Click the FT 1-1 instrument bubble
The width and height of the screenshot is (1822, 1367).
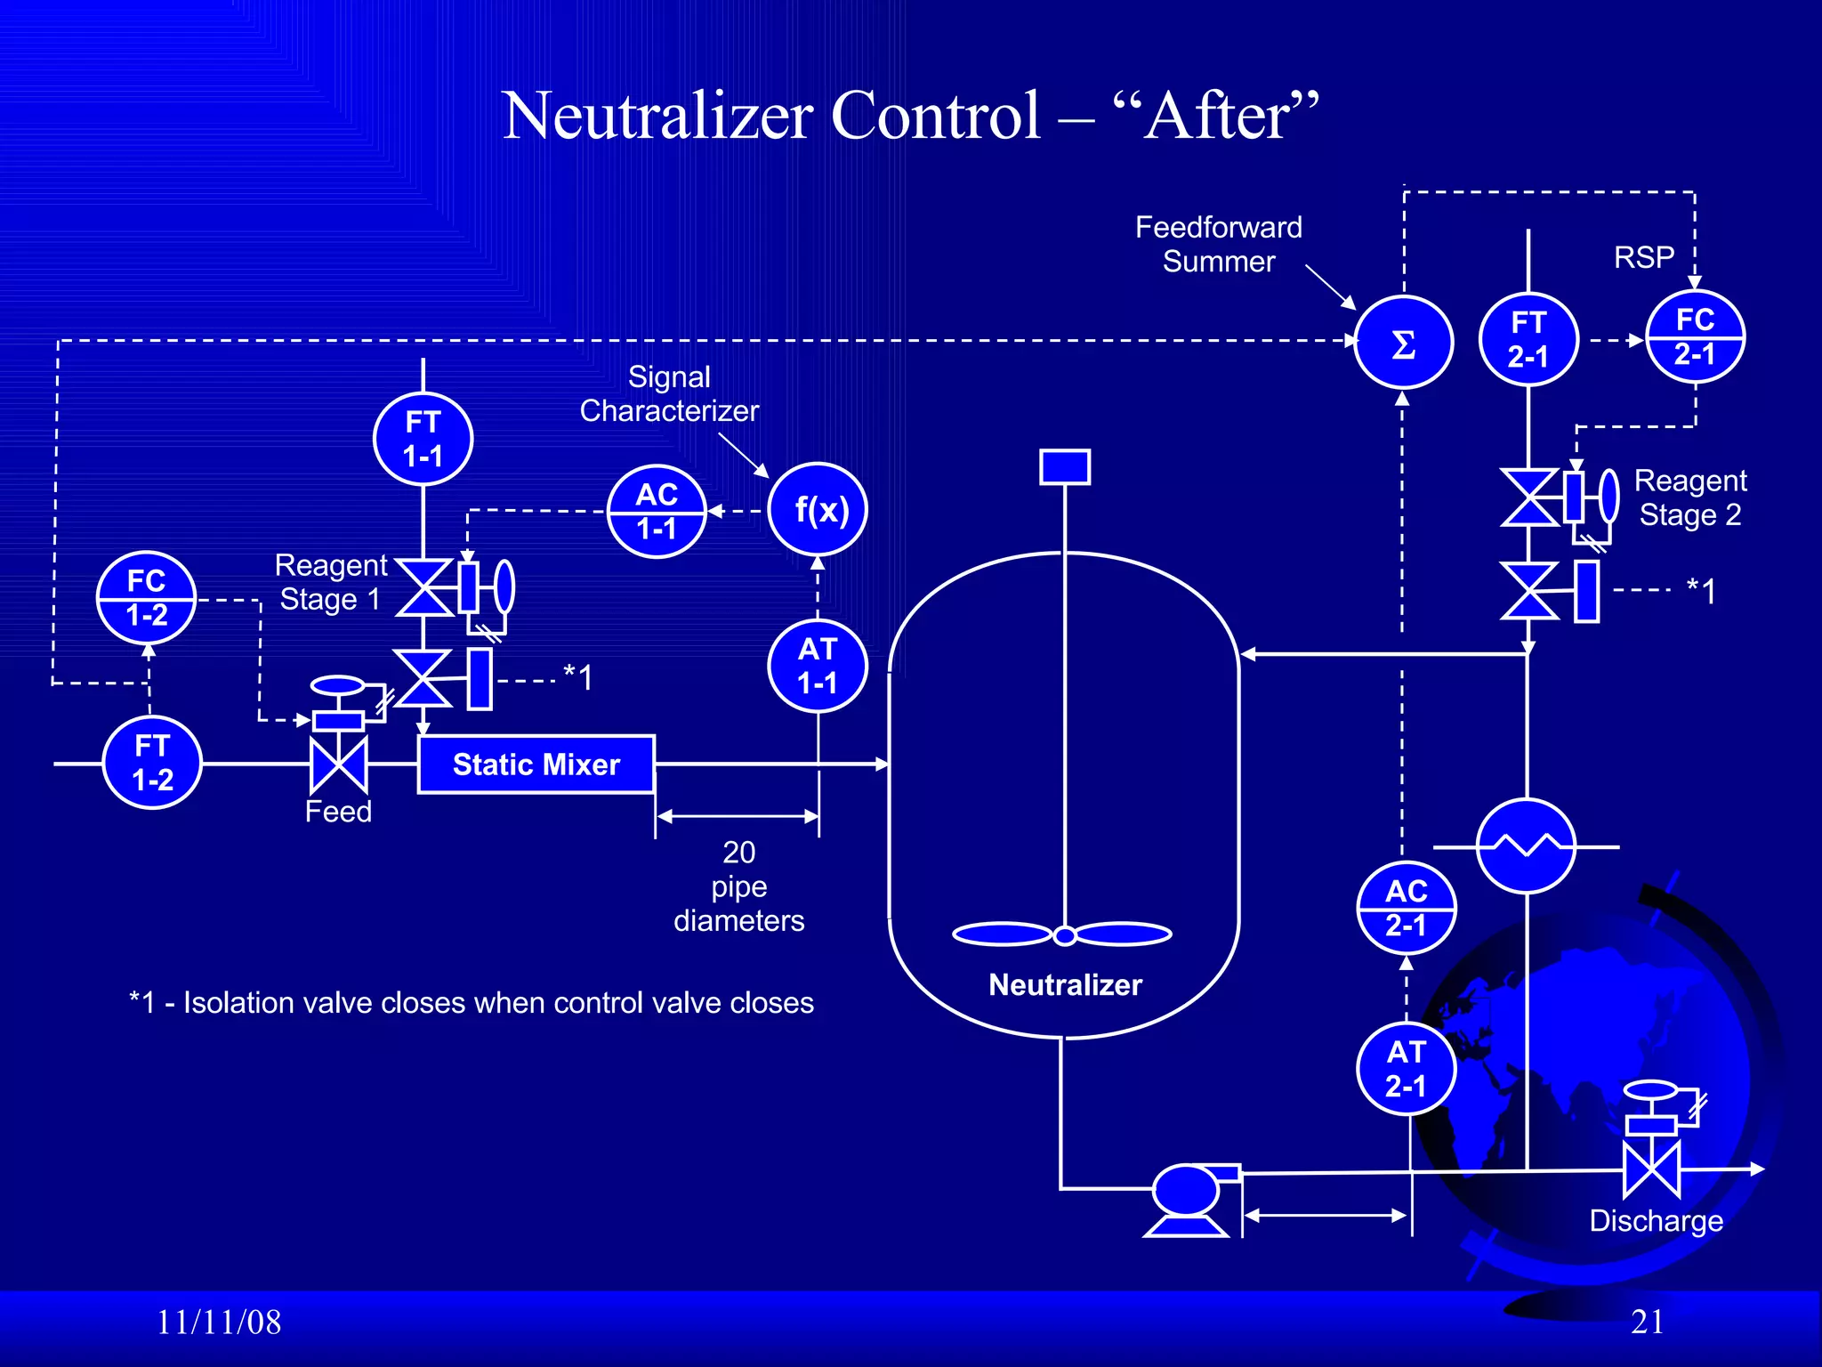click(x=423, y=439)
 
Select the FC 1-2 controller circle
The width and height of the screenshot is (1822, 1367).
click(x=146, y=598)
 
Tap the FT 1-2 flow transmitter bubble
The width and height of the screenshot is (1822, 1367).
click(x=152, y=763)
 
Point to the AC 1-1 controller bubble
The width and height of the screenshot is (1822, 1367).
click(x=657, y=512)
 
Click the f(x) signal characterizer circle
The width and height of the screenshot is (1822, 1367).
click(x=818, y=510)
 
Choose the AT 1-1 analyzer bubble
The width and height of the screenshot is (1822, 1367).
click(x=818, y=666)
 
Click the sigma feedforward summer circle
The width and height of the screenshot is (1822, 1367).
click(x=1403, y=343)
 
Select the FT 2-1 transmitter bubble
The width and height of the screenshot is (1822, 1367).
click(x=1528, y=339)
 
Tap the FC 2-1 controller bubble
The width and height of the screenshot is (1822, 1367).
click(x=1695, y=336)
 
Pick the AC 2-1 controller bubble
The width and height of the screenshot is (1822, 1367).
click(x=1406, y=908)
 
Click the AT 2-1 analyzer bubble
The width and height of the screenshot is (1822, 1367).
click(x=1406, y=1069)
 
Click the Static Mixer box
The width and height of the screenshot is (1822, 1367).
click(x=536, y=764)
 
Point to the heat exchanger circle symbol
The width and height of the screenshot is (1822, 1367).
click(x=1526, y=846)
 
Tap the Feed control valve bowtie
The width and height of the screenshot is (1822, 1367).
click(x=338, y=765)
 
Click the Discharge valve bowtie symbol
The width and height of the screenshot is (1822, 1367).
click(x=1651, y=1170)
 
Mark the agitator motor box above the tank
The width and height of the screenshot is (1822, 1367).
click(x=1065, y=467)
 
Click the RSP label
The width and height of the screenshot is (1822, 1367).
click(x=1644, y=258)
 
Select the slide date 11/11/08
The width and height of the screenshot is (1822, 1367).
click(x=219, y=1323)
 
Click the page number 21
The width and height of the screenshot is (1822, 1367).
click(x=1647, y=1322)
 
